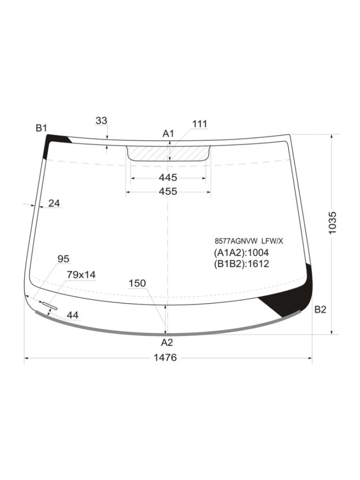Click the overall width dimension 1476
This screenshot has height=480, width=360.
165,358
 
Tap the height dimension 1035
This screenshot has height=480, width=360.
332,223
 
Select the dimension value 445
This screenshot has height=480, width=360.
168,178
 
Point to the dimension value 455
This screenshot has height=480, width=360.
168,191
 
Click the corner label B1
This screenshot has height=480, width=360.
42,128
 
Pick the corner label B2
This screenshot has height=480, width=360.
320,310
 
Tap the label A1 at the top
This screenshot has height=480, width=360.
168,133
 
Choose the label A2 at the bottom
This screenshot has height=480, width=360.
167,342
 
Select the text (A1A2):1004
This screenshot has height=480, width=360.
241,253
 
